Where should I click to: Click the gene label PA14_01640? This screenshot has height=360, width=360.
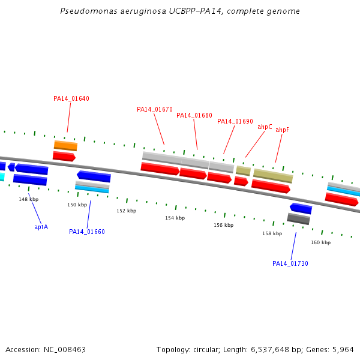point(71,98)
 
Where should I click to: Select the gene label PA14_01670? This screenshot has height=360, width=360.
point(154,109)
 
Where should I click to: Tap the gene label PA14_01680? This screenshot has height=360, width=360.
point(194,115)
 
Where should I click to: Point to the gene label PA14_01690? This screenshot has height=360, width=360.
point(235,121)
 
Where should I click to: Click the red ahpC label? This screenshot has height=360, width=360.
point(265,127)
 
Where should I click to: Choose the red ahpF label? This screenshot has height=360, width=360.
point(282,130)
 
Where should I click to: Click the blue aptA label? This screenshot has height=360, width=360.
point(41,227)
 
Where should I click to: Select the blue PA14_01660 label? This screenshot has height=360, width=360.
point(86,232)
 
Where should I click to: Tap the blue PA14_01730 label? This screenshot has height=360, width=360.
point(290,263)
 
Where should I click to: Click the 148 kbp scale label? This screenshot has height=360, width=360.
point(28,199)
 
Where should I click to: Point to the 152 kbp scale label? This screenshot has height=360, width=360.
point(126,211)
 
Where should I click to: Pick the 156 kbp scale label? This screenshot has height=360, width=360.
point(223,225)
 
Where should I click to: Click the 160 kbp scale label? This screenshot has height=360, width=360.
point(320,242)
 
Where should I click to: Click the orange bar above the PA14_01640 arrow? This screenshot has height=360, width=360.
point(65,145)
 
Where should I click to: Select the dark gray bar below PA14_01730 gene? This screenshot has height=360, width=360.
point(298,218)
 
